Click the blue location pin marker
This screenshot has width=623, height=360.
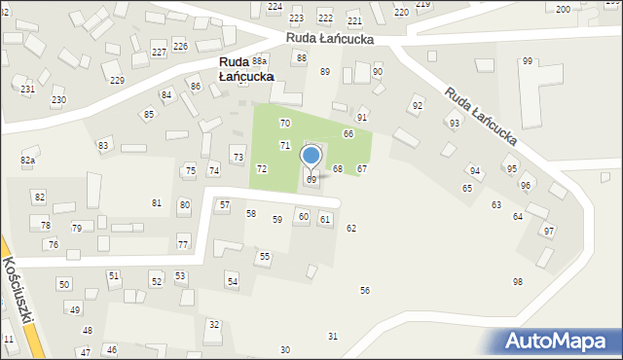(311, 156)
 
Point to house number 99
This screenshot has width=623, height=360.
(527, 61)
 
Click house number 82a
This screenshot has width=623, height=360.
(27, 160)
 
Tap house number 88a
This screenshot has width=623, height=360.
(259, 60)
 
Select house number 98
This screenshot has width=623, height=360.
(518, 281)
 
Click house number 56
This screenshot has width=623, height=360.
(365, 290)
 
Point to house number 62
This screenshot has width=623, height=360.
(351, 228)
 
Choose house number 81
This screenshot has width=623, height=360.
(157, 202)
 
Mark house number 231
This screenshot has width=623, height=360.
(27, 89)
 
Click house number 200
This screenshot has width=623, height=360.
(563, 9)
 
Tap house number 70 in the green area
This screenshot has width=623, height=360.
(284, 124)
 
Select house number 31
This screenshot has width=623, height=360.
(333, 336)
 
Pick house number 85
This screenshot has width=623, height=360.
(149, 115)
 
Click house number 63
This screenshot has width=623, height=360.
(495, 204)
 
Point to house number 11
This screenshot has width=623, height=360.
(9, 339)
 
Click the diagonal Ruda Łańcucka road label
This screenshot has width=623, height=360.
(480, 118)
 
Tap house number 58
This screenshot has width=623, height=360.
(250, 213)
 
